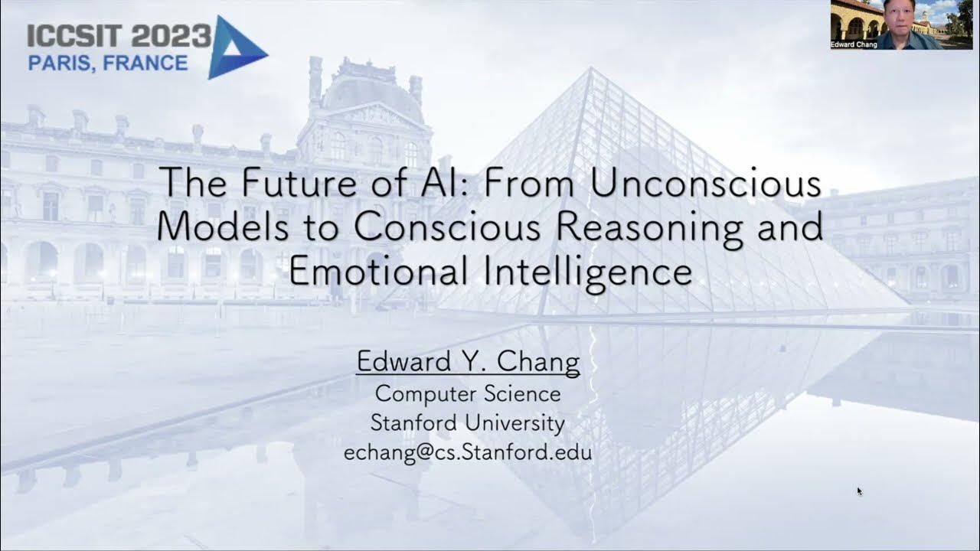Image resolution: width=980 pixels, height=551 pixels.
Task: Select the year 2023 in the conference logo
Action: point(170,36)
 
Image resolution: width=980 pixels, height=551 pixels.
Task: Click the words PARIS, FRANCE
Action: point(108,63)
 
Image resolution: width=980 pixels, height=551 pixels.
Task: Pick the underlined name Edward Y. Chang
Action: point(468,360)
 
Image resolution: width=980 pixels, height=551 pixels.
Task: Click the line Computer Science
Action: point(468,394)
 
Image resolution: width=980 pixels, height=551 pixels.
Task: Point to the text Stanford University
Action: point(468,422)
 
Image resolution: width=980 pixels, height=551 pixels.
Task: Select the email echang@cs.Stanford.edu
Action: point(468,452)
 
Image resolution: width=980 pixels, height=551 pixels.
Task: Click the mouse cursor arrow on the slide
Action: point(860,491)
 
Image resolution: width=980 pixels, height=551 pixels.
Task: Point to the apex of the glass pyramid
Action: point(590,70)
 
